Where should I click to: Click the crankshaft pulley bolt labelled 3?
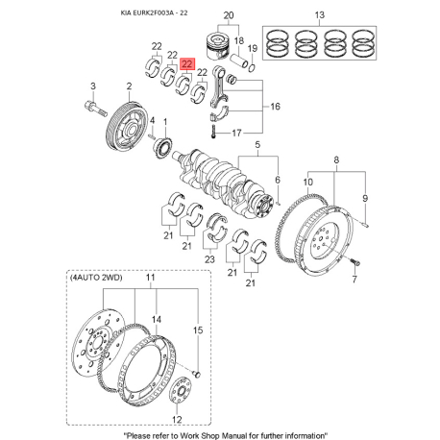(x=91, y=87)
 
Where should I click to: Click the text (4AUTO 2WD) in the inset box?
(x=92, y=279)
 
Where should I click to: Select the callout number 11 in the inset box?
(x=149, y=279)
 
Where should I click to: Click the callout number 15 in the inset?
(x=198, y=330)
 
